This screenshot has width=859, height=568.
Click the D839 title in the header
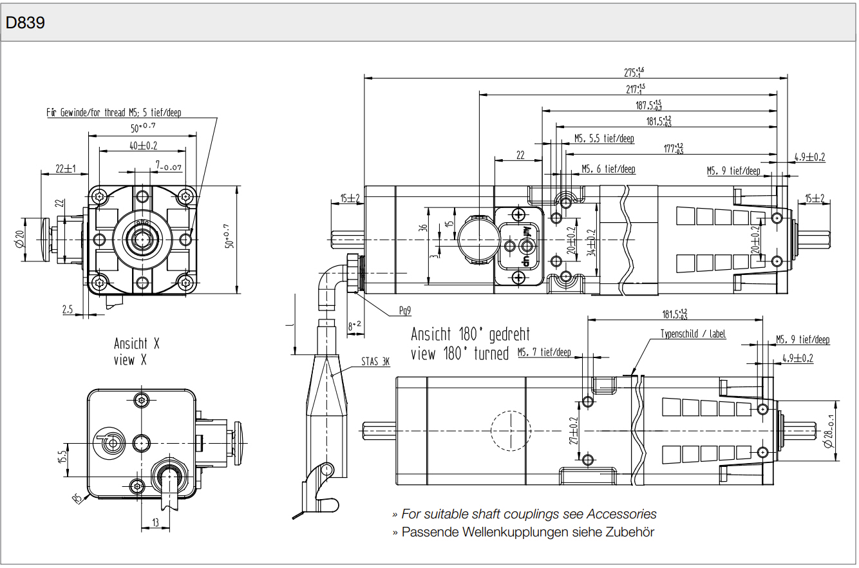pos(25,23)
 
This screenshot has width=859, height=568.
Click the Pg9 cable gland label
pos(404,311)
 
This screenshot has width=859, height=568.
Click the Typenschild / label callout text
pos(692,334)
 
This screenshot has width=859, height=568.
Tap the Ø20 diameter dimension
pos(20,239)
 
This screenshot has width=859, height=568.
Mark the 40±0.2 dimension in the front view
pos(143,146)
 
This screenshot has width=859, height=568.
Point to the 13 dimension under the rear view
pos(155,522)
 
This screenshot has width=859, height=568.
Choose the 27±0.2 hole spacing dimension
pos(573,430)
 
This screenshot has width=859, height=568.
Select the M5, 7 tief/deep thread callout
pos(544,352)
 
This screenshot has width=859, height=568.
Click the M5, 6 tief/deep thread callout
pos(608,169)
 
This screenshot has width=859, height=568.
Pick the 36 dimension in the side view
pos(423,229)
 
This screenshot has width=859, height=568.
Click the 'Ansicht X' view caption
pos(136,343)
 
